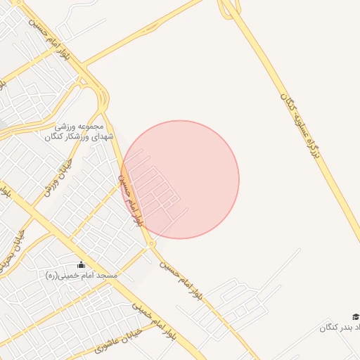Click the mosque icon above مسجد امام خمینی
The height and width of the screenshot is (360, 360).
point(81,265)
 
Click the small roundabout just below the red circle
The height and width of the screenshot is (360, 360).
point(151,244)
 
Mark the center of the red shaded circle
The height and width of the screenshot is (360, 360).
point(180,179)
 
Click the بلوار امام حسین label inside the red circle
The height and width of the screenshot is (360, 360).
point(131,200)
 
